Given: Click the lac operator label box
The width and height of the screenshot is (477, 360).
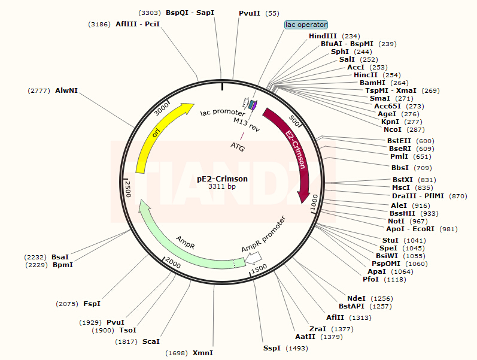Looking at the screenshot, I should point(306,25).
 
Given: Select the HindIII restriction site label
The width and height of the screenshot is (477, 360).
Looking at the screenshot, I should point(323,36).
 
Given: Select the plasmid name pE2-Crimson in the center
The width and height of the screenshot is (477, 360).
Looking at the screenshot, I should point(222,179).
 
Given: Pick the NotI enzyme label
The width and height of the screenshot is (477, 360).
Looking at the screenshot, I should point(396,221).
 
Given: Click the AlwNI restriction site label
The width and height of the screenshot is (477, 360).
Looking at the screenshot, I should point(66,90).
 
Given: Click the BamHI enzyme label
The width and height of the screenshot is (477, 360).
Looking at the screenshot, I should point(372,83).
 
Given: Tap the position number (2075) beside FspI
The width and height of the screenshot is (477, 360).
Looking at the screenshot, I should point(67,304).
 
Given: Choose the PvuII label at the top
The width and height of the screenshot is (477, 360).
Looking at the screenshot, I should point(250,13).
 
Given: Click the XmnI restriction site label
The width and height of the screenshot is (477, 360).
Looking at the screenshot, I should point(202,353).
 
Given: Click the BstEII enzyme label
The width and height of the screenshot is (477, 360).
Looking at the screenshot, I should point(399,141).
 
